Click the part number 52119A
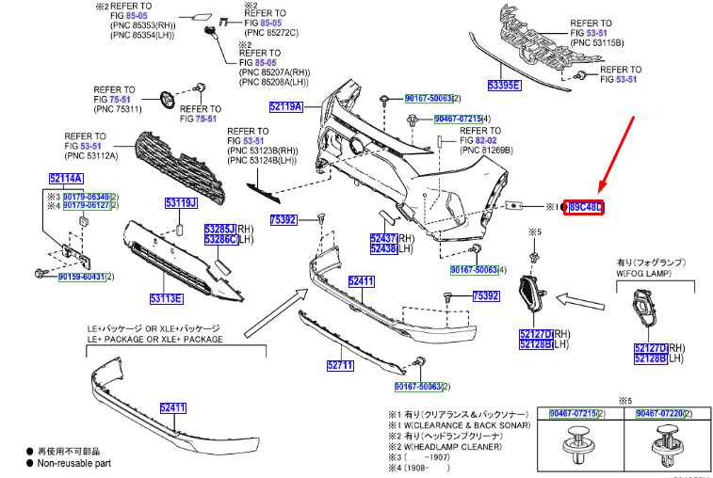pos(285,106)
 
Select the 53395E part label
pos(504,85)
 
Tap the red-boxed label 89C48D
pos(584,207)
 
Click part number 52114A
pos(66,178)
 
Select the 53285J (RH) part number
pos(221,229)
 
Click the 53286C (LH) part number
pos(221,240)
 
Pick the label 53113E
pos(166,299)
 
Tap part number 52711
pos(339,365)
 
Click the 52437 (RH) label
pos(384,239)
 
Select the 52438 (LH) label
pos(384,249)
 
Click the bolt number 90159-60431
pos(81,277)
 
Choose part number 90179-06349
pos(86,195)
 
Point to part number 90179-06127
pos(86,205)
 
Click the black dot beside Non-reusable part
pos(30,464)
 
